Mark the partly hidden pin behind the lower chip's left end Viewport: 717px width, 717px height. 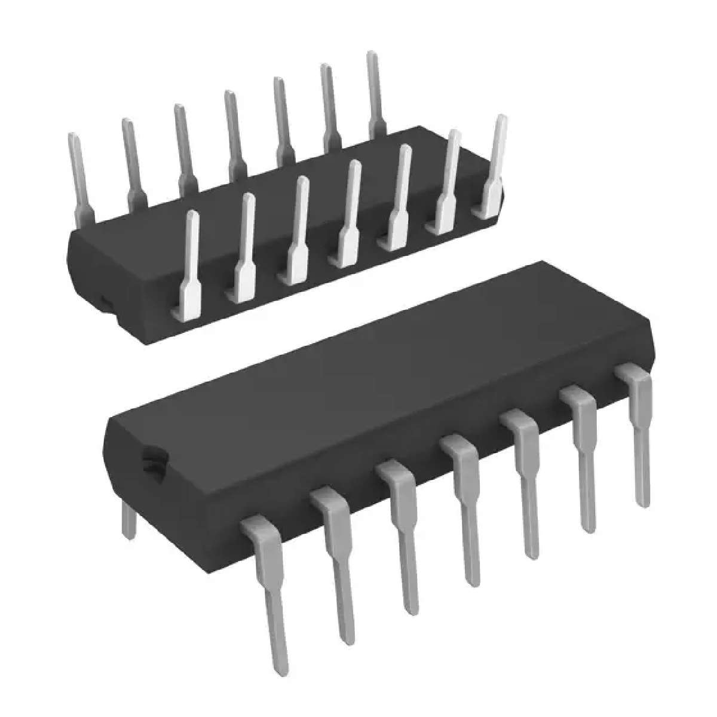[x=127, y=520]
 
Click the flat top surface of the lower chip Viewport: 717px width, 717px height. [x=382, y=382]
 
